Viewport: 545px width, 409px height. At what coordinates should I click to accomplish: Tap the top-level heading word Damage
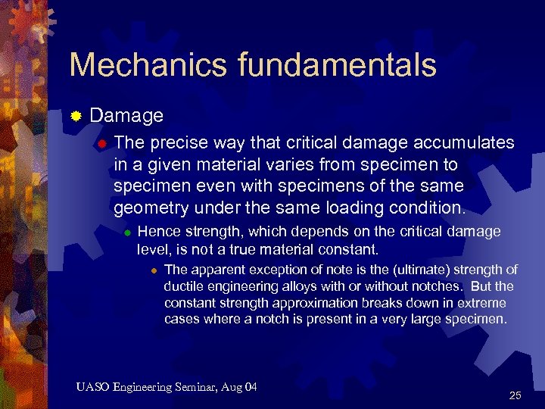tap(126, 116)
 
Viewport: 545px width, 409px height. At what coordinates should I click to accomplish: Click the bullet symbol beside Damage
tap(76, 117)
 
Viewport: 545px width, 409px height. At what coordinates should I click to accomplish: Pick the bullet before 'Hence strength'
tap(128, 232)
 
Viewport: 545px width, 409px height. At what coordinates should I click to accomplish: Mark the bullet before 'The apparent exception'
tap(154, 270)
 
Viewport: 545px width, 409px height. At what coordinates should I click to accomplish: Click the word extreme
tap(481, 303)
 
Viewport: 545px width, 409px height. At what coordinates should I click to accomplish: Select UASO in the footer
tap(92, 388)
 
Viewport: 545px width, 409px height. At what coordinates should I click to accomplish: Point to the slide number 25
tap(515, 395)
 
